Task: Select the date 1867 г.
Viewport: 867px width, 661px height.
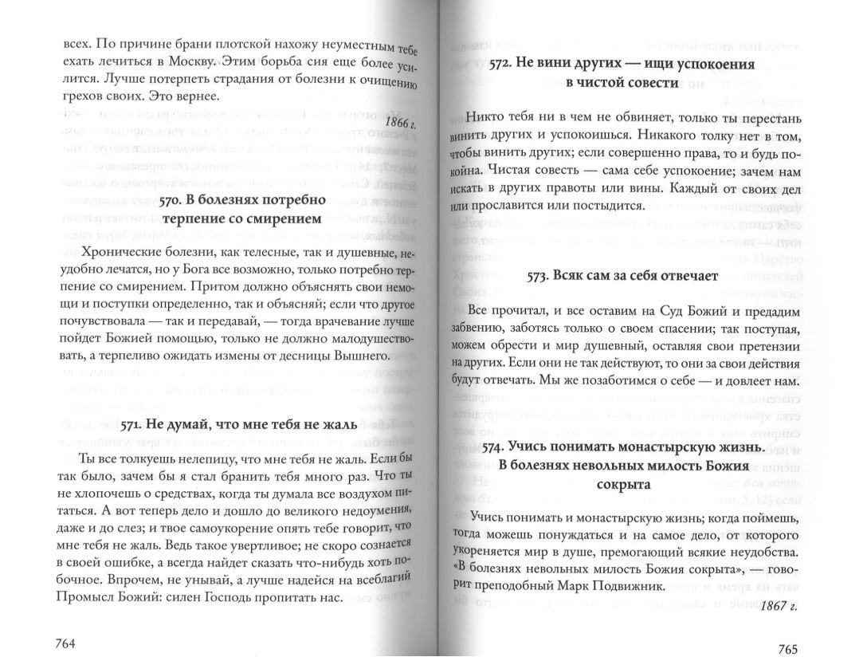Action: pos(779,606)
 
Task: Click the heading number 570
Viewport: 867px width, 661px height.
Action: pos(170,201)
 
